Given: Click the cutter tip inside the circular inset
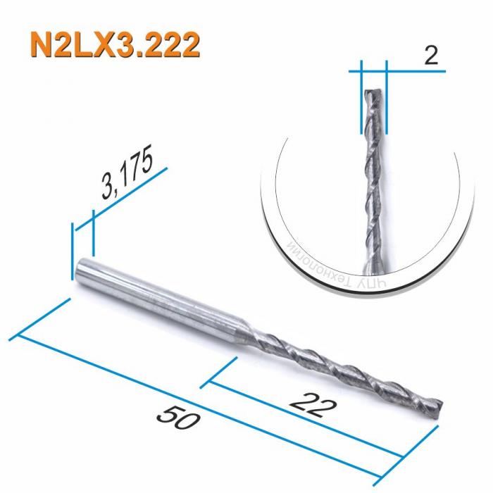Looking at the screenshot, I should pos(374,95).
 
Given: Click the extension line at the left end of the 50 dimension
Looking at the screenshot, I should pos(42,317).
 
